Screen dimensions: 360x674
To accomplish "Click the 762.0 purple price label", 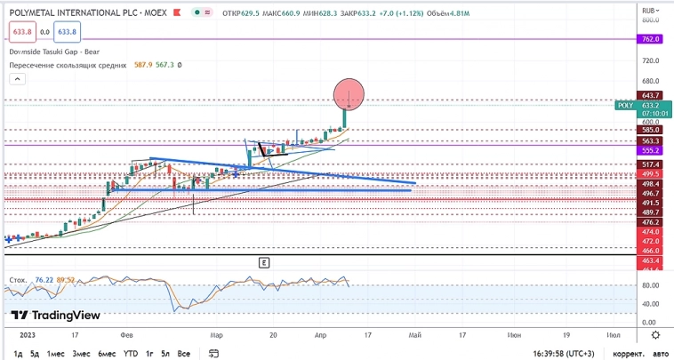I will (x=649, y=39).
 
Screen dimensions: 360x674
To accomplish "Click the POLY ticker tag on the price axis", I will (x=625, y=105).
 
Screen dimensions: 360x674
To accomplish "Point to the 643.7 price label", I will (x=649, y=95).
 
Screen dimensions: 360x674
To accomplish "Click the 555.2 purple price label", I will (x=649, y=150).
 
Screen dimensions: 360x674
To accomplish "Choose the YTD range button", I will (x=131, y=353).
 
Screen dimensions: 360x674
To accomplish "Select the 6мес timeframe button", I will (x=107, y=353).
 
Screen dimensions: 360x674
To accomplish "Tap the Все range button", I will (x=185, y=353).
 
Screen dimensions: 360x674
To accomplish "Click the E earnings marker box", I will (x=264, y=262).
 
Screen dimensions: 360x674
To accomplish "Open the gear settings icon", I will (x=655, y=335).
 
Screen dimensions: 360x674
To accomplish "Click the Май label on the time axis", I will (x=414, y=335).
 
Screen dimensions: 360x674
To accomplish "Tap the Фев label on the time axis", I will (x=127, y=335).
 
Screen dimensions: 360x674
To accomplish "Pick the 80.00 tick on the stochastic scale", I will (x=649, y=285).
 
